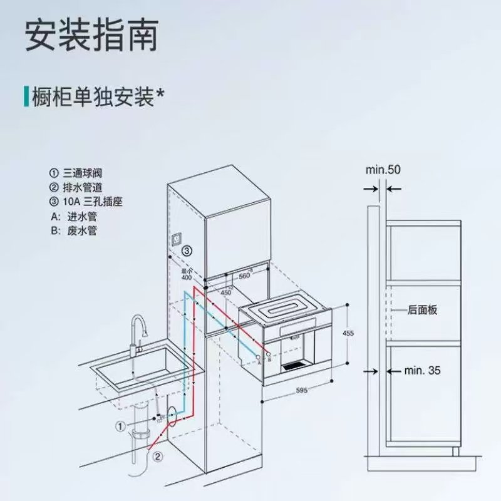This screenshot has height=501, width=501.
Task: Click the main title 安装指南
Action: coord(90,36)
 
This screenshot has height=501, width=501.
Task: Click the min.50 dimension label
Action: coord(383,170)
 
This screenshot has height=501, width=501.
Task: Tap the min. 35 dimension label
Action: coord(421,371)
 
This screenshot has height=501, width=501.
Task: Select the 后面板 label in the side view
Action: coord(421,310)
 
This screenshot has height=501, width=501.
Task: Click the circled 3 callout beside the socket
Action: coord(187,252)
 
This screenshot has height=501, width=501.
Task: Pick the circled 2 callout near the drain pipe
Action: coord(158,457)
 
